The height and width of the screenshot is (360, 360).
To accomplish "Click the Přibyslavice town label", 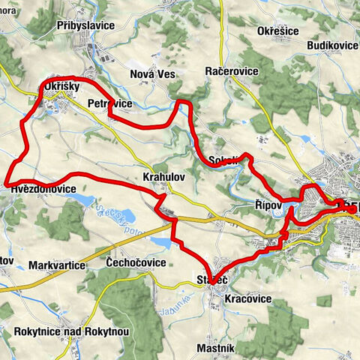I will point(85,25).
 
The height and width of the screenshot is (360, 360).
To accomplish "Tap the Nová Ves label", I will point(152,73).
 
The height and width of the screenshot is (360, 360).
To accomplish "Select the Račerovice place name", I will point(232,70).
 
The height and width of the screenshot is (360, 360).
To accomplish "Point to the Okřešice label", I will point(278,31).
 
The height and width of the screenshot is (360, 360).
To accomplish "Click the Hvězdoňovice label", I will point(43,189).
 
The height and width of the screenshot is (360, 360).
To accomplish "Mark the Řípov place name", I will point(268,205).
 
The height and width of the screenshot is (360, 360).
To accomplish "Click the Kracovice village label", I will point(247,298).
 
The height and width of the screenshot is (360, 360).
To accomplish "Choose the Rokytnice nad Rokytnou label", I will point(72,331).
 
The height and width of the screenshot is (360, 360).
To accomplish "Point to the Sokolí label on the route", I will point(224,159).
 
